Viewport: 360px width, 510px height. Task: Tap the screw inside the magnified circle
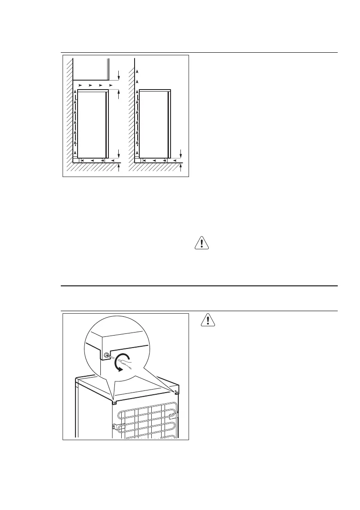click(x=107, y=355)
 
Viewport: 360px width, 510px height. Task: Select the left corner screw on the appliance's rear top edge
click(x=114, y=402)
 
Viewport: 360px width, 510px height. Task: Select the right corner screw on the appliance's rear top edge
click(x=177, y=392)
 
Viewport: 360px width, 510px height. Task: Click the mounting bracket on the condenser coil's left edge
click(x=114, y=426)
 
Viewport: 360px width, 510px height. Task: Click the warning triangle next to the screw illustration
click(x=207, y=320)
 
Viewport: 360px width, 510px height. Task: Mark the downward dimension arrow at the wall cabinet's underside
click(x=119, y=77)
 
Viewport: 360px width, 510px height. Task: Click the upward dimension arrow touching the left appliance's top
click(x=119, y=95)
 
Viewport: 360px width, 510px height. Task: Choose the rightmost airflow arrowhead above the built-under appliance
click(x=111, y=86)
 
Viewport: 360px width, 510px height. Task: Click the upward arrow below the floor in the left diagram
click(x=119, y=168)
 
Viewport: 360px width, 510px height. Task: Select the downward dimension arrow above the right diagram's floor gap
click(x=181, y=153)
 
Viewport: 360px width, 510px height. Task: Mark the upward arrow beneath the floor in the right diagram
click(x=181, y=168)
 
